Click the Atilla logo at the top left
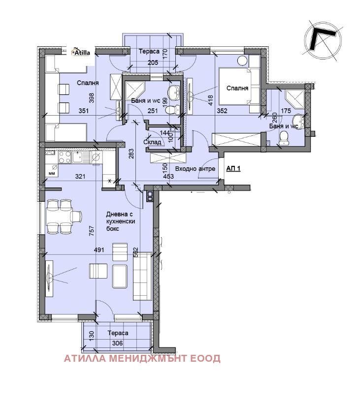(81, 52)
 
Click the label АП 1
(233, 169)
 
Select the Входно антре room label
(195, 169)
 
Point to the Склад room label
(152, 142)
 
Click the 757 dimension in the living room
(92, 231)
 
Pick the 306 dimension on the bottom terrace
(117, 344)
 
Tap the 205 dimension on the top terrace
(153, 62)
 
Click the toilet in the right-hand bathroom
(284, 137)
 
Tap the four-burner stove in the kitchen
(65, 157)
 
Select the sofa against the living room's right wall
(142, 276)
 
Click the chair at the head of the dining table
(76, 216)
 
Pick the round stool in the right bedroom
(243, 61)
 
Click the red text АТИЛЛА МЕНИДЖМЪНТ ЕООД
(142, 359)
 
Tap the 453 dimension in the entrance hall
(168, 177)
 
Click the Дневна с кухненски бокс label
(121, 221)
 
